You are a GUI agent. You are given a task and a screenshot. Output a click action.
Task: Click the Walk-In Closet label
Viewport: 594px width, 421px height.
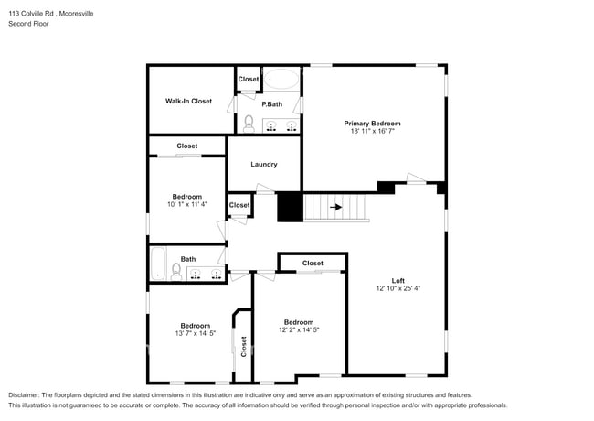[x=188, y=101]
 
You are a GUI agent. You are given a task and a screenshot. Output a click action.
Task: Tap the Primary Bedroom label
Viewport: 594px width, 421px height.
[x=372, y=123]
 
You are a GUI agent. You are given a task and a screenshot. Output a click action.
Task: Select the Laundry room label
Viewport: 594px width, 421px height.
[x=263, y=165]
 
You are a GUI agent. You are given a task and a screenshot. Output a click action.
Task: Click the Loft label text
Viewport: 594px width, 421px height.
[x=398, y=280]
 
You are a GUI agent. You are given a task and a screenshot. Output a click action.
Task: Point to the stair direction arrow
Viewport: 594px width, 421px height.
[x=336, y=207]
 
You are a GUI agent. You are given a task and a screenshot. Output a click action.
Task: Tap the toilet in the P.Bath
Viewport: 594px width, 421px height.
[x=249, y=124]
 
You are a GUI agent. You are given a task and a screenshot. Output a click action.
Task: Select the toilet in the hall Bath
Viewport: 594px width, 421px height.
[x=176, y=271]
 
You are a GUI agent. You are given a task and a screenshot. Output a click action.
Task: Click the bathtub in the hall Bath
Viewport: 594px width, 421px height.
[x=157, y=264]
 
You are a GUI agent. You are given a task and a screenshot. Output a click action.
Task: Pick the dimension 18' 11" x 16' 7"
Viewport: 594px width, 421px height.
[x=372, y=132]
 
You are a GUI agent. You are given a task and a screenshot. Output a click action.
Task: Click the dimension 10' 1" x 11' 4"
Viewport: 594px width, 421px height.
[x=187, y=205]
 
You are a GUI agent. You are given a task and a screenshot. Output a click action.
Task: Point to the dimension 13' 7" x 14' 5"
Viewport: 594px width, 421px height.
[x=195, y=334]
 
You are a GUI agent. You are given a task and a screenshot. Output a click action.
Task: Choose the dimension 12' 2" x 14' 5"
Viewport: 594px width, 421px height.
[x=299, y=330]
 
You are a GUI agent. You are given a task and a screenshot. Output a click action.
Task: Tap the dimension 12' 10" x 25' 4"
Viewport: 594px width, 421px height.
[x=398, y=288]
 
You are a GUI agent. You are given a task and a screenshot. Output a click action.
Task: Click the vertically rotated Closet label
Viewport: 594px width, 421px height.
[x=243, y=346]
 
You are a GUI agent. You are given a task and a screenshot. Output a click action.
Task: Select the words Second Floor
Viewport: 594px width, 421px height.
[x=28, y=24]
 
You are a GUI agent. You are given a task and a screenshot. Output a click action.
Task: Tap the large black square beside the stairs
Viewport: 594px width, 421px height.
[x=290, y=207]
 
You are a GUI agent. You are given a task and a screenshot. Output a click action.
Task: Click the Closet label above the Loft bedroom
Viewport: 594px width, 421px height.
[x=313, y=264]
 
